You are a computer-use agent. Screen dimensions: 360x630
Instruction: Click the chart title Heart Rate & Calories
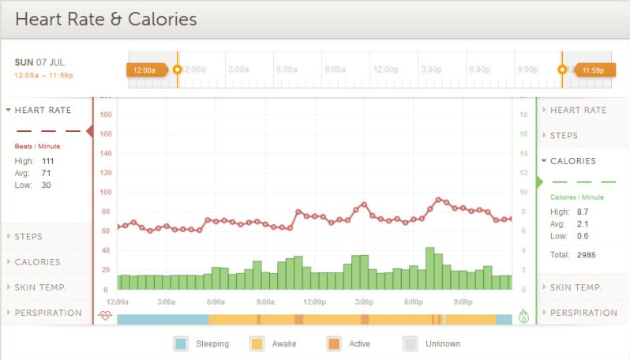click(106, 19)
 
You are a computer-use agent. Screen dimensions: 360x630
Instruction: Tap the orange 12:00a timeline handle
click(146, 69)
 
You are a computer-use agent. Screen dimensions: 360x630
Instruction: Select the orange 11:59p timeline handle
click(592, 69)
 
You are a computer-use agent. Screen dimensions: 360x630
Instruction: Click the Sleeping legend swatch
click(181, 343)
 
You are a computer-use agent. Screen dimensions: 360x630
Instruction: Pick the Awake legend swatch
click(257, 343)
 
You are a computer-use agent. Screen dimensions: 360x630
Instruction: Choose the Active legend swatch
click(333, 343)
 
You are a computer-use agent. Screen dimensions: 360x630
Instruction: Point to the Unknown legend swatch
click(410, 343)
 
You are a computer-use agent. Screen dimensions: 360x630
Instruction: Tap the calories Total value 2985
click(585, 255)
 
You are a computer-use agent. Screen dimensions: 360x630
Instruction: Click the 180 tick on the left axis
click(106, 114)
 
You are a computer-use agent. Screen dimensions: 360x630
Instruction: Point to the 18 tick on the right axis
click(523, 114)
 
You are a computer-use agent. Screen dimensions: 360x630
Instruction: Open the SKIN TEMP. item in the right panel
click(576, 287)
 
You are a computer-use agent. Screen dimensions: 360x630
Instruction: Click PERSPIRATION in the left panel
click(47, 313)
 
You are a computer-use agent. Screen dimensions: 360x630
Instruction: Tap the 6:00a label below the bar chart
click(216, 302)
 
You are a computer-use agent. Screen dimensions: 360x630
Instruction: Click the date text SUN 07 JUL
click(40, 62)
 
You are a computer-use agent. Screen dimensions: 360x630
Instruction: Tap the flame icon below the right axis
click(523, 316)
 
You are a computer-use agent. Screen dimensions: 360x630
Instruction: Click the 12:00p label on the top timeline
click(385, 69)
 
